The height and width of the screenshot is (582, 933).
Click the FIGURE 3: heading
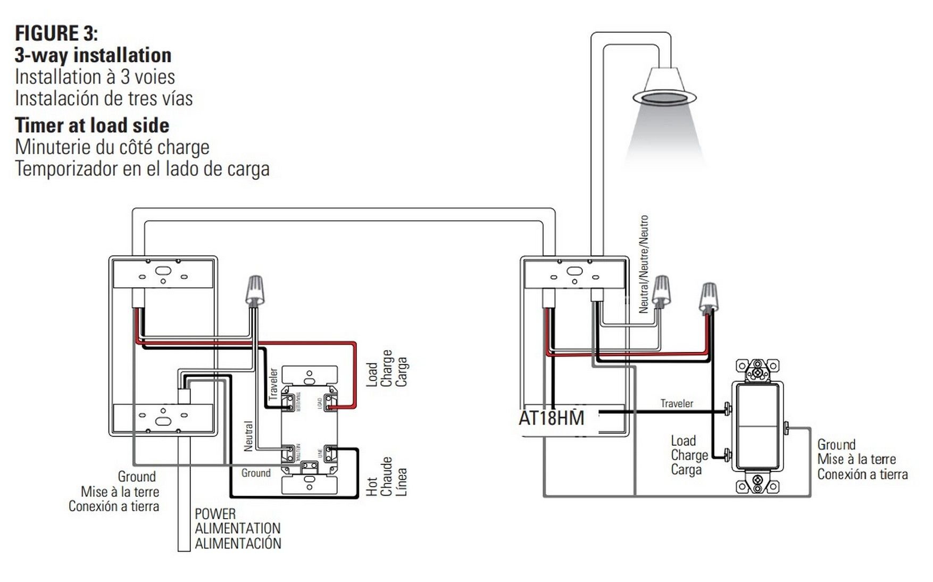coord(56,33)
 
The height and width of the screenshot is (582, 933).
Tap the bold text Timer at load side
coord(92,126)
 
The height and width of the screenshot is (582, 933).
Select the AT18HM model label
coord(552,418)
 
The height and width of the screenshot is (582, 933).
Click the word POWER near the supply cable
coord(215,514)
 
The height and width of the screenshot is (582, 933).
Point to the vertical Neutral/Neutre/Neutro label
coord(644,264)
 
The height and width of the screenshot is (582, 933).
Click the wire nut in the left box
coord(255,290)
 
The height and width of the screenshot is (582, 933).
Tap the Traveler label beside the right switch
coord(677,403)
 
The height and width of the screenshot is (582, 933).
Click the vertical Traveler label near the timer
coord(273,384)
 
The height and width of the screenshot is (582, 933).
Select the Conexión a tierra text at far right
coord(862,474)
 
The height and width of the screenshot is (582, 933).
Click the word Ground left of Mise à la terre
coord(137,476)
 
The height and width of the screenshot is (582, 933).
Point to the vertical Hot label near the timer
coord(371,486)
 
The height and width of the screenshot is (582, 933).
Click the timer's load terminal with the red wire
coord(330,403)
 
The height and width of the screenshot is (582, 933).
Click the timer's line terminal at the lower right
coord(330,453)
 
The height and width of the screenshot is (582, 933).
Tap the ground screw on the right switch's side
coord(786,426)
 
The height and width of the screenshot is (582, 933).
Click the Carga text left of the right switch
coord(686,470)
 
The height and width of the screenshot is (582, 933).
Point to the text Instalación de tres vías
coord(104,98)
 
